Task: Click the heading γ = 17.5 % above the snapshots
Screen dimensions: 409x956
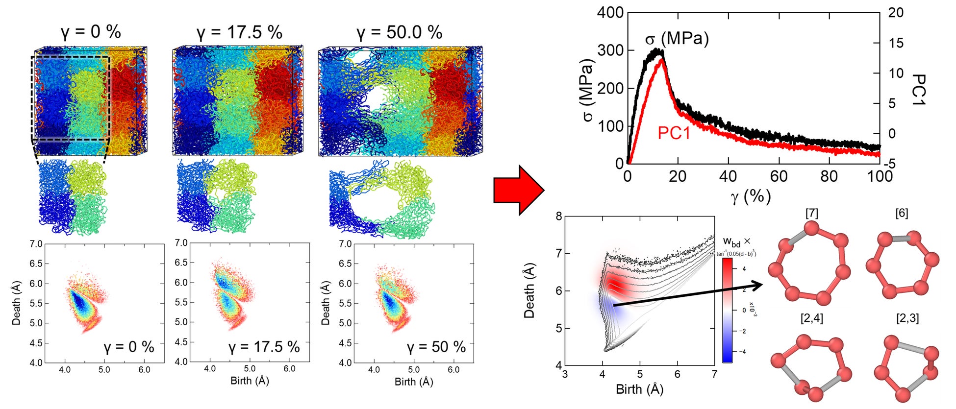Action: tap(239, 33)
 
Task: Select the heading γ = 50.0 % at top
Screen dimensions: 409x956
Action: tap(399, 33)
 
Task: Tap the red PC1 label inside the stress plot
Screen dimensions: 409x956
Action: tap(674, 133)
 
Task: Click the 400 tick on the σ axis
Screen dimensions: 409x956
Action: tap(610, 13)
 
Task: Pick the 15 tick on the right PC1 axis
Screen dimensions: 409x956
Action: tap(895, 43)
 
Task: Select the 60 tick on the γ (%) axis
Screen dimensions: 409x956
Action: tap(779, 176)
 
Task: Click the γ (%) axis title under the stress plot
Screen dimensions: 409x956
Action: tap(751, 197)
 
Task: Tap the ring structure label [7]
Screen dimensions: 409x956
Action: tap(811, 213)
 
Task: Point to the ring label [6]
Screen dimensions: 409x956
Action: tap(901, 213)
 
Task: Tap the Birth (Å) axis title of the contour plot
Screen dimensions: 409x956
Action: tap(639, 389)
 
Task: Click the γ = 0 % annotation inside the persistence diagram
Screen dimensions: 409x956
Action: tap(129, 347)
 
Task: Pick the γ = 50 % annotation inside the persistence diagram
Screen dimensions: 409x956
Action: tap(436, 347)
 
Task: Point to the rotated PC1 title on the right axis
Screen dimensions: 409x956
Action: tap(919, 90)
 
